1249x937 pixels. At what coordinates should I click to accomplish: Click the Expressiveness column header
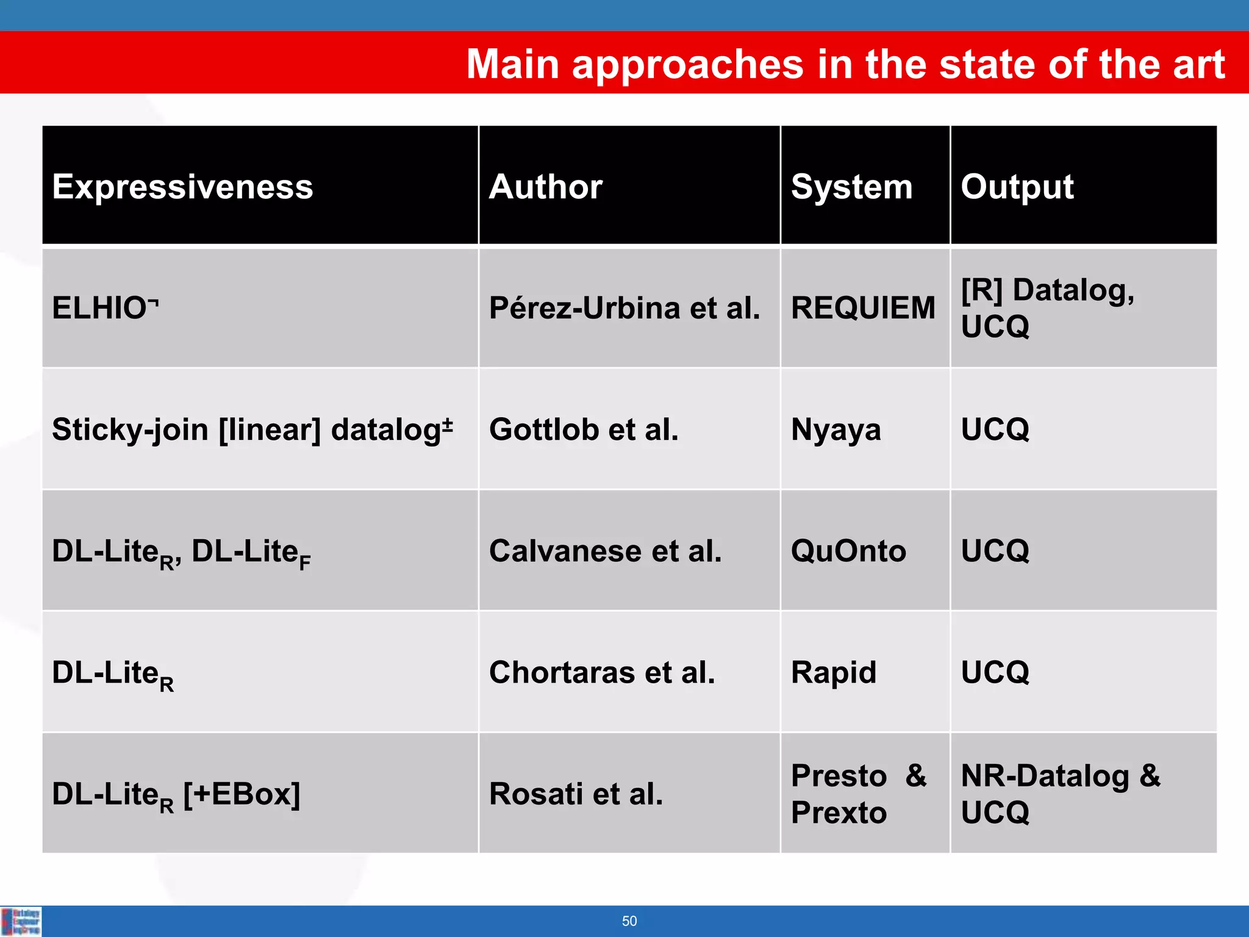pos(182,186)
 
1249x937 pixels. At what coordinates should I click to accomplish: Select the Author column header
pos(545,186)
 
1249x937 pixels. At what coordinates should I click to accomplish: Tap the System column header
pos(851,186)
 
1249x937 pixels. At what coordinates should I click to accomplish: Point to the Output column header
pos(1017,186)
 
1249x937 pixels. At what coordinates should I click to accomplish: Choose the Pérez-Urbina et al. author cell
pos(624,307)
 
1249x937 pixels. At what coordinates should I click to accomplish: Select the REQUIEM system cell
pos(862,307)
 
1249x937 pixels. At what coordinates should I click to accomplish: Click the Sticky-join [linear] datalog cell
pos(252,429)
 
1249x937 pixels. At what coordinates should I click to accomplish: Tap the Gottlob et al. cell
pos(584,429)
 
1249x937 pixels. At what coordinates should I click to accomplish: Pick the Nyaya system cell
pos(836,429)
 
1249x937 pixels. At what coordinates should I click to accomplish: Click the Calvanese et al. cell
pos(605,551)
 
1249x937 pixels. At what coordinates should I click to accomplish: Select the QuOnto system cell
pos(848,551)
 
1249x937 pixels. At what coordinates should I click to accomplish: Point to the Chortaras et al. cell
pos(602,672)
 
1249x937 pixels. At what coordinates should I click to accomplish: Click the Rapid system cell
pos(833,672)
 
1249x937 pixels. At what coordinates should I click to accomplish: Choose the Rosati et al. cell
pos(576,794)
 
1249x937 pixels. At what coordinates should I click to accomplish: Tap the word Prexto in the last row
pos(839,813)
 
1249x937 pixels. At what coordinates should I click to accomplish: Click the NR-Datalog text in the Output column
pos(1045,776)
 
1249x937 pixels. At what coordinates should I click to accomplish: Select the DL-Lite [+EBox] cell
pos(176,794)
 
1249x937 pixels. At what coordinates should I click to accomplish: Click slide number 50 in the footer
pos(629,921)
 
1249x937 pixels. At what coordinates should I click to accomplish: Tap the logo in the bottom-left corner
pos(21,921)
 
